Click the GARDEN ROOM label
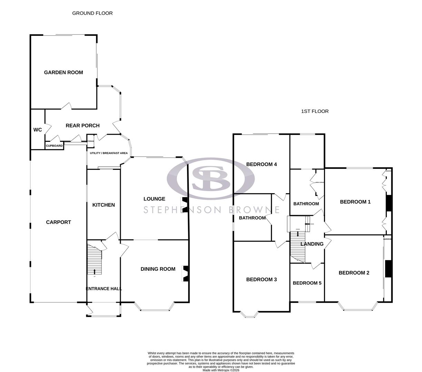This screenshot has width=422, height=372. click(63, 72)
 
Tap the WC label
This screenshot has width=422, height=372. click(38, 130)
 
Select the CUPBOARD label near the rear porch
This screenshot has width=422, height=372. click(55, 146)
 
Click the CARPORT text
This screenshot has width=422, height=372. click(58, 222)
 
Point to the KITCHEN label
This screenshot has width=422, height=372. click(104, 205)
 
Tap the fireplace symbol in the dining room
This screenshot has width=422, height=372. click(185, 274)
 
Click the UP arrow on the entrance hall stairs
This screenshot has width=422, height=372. click(95, 271)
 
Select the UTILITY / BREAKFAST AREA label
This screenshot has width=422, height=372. click(109, 153)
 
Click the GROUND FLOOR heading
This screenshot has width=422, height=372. click(92, 13)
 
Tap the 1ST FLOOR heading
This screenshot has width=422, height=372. click(315, 111)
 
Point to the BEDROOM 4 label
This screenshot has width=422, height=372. click(262, 164)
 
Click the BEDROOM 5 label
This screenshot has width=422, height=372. click(307, 283)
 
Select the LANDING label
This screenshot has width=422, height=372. click(312, 244)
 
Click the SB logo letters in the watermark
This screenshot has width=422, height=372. click(211, 178)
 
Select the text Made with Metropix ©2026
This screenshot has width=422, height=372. click(221, 370)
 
